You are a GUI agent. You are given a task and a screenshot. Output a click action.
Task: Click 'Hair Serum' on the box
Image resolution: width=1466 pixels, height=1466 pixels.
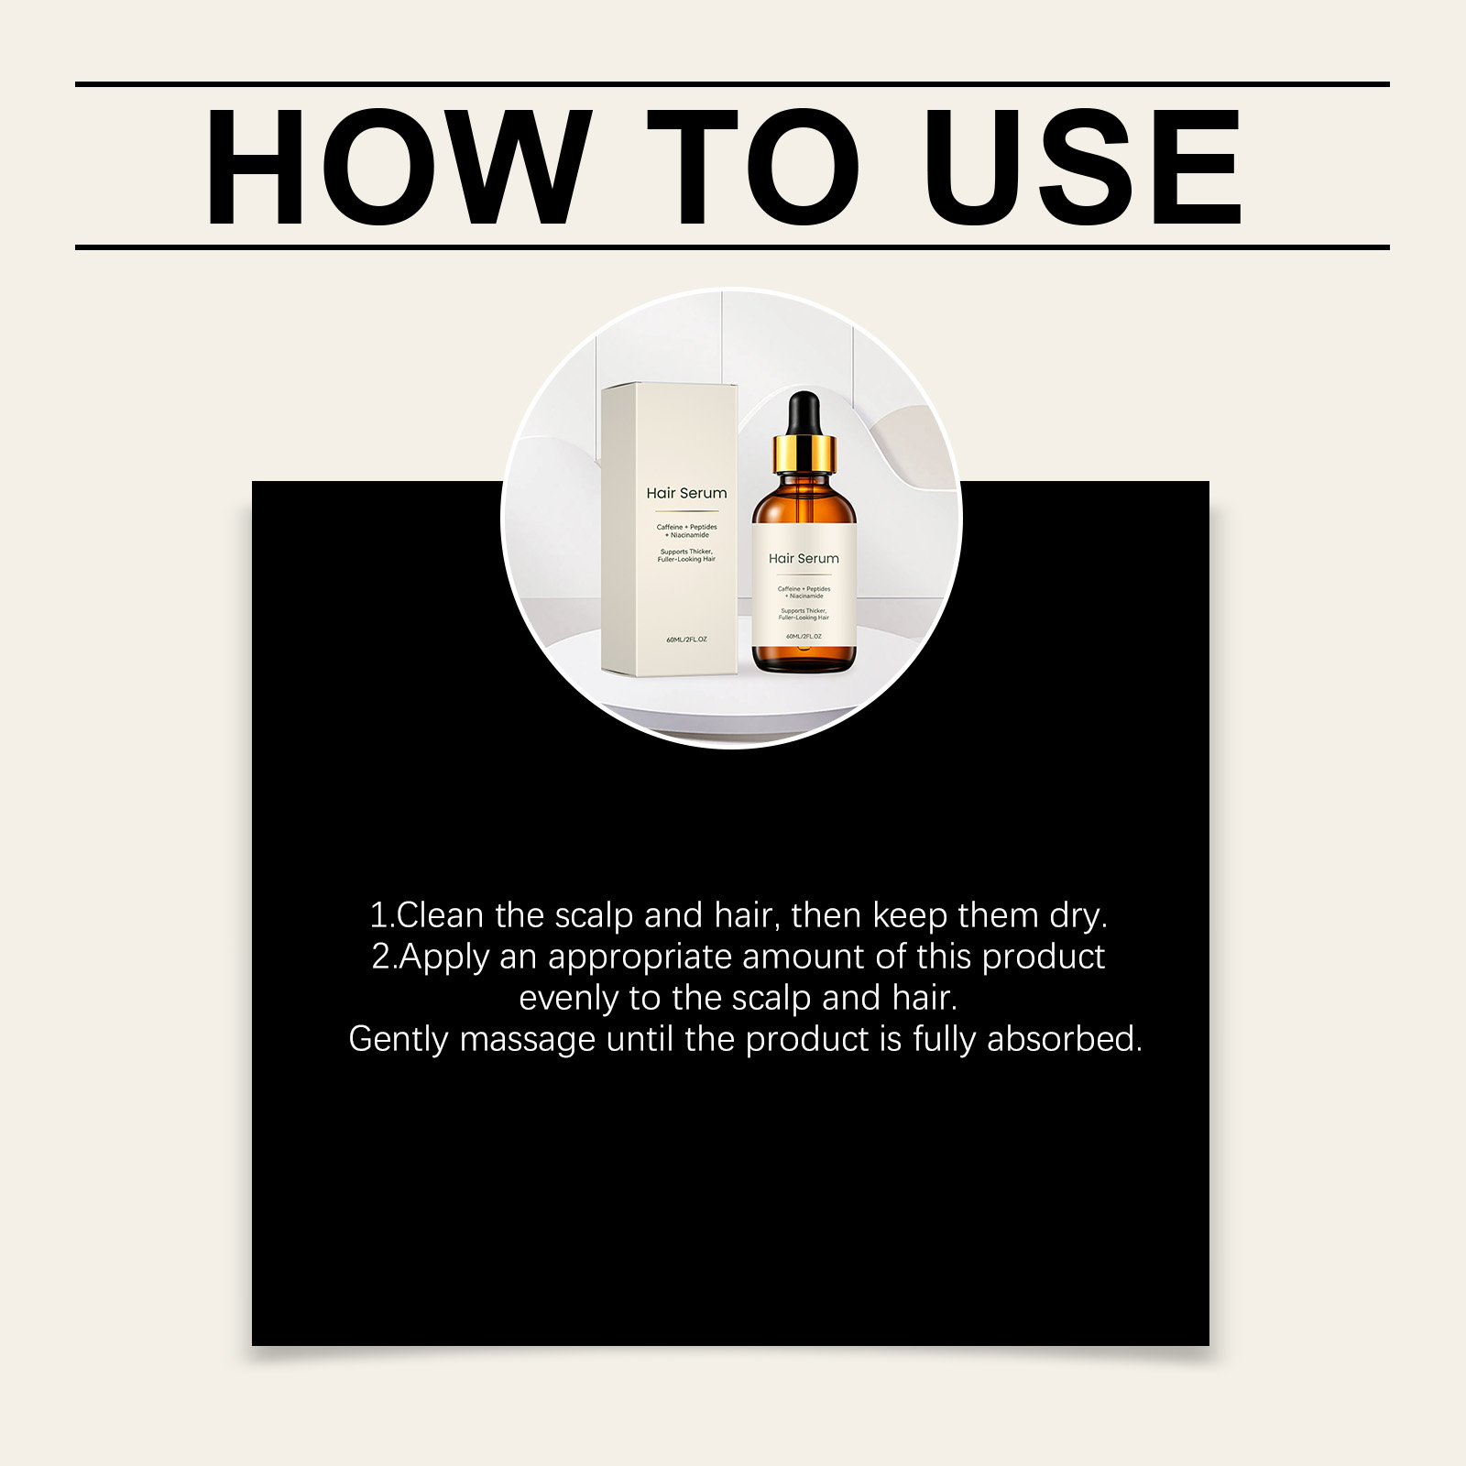click(x=686, y=493)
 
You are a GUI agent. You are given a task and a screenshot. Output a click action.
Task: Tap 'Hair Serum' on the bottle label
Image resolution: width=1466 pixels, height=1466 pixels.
click(x=804, y=558)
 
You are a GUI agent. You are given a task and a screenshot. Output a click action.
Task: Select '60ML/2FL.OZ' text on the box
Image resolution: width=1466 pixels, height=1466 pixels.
click(x=686, y=639)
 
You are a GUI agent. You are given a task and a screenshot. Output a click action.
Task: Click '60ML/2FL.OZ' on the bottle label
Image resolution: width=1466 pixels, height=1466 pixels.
click(x=804, y=636)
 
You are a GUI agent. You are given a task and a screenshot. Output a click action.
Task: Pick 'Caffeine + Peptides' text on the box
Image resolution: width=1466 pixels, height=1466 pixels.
click(x=686, y=527)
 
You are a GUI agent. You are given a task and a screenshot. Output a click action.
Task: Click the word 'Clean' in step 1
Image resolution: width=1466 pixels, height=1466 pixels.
click(x=439, y=915)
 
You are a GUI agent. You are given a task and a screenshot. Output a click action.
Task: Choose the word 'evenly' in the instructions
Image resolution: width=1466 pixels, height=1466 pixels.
click(x=568, y=999)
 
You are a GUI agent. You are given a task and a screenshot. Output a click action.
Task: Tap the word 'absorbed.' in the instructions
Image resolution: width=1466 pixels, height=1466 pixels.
click(x=1065, y=1039)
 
